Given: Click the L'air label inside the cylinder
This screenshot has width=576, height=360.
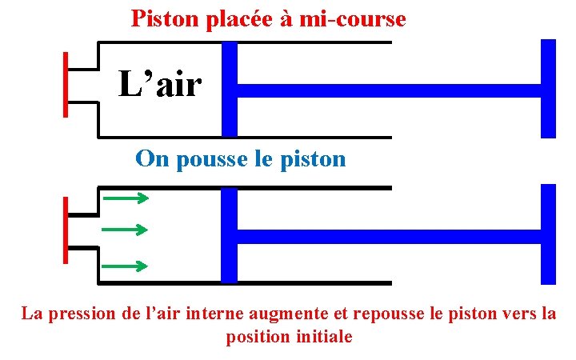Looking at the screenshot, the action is coord(160,84).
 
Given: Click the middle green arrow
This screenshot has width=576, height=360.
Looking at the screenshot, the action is coord(125,230).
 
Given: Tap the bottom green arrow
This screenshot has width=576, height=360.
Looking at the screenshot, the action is coord(125,266).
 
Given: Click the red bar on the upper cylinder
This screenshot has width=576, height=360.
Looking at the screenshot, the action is coord(66,85).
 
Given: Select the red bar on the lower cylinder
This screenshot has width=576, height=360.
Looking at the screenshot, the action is coord(66,230).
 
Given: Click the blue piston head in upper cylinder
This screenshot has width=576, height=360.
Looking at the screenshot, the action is coord(230,89).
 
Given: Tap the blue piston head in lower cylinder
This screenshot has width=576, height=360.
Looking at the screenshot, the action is coord(230,234).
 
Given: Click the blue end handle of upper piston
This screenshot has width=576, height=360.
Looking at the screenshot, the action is coord(548,88).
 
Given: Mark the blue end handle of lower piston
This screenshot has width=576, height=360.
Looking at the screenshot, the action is coord(548,234).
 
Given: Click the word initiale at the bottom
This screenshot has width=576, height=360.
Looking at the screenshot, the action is coord(323,337).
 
